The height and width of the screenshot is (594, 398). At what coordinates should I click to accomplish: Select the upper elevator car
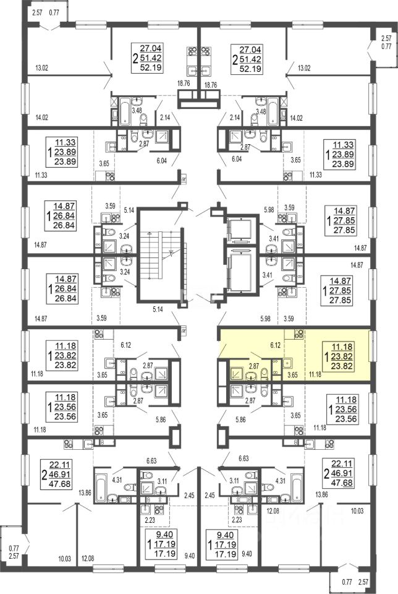click(240, 229)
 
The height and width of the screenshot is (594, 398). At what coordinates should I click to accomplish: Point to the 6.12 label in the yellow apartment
click(276, 345)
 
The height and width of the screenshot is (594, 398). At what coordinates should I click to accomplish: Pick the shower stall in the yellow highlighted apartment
click(237, 374)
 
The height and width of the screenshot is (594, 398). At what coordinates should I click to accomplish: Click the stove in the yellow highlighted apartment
click(299, 334)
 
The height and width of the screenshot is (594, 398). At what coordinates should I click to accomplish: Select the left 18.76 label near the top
click(184, 84)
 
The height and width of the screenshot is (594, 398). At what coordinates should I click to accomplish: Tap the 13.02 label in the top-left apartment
click(41, 68)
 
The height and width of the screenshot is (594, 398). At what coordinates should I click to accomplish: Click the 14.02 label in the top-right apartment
click(296, 118)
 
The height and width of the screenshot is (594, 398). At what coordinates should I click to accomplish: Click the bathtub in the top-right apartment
click(273, 111)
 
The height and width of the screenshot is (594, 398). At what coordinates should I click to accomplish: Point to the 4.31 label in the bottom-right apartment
click(281, 481)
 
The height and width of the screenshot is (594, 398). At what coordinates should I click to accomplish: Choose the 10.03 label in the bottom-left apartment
click(65, 559)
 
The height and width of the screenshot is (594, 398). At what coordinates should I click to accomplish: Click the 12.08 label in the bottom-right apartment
click(273, 511)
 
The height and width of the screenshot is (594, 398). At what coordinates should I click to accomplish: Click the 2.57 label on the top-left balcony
click(37, 12)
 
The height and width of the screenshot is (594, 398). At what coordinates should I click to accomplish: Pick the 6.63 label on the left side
click(151, 460)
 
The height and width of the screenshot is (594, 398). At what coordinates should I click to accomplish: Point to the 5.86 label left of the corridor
click(161, 420)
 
